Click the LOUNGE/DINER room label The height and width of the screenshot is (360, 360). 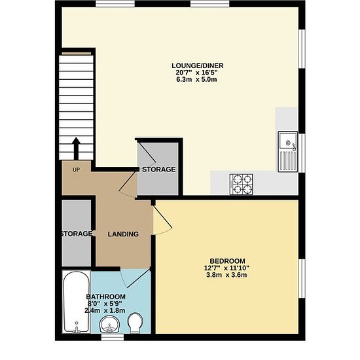pos(198,65)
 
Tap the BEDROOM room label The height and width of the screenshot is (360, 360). pos(227,261)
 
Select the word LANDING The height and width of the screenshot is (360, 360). pos(123,234)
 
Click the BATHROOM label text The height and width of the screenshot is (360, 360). pos(105,297)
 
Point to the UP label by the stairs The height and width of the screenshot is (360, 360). pos(76,170)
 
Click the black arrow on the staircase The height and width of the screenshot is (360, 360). pos(76,149)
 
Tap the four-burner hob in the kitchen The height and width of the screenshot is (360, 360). pos(242,185)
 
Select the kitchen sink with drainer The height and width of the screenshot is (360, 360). pos(288,152)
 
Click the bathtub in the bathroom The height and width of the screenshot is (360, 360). pos(76,302)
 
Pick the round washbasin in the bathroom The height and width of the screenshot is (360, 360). pos(109,325)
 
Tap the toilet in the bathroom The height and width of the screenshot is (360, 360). pos(135,323)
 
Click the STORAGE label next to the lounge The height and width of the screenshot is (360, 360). pos(158,170)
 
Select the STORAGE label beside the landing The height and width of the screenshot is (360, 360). pos(77,234)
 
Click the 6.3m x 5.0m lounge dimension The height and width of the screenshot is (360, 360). pos(196,80)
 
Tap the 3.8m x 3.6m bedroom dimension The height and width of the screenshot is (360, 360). pos(226,275)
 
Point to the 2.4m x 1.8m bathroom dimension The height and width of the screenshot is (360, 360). pos(105,311)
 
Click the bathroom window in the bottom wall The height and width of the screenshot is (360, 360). pos(113,337)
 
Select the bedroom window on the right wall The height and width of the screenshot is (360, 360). pos(302,278)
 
